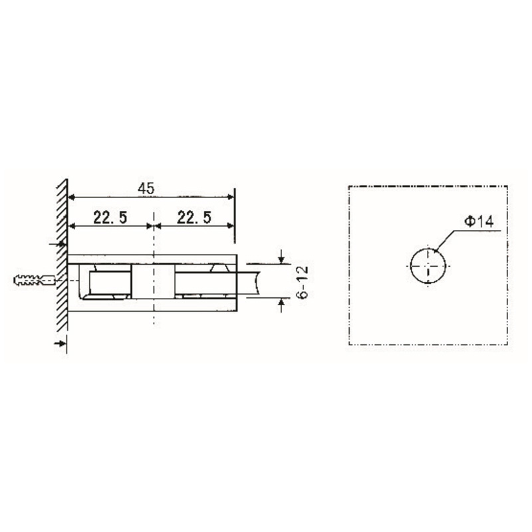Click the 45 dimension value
[146, 189]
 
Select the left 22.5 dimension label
[110, 217]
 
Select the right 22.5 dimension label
[194, 217]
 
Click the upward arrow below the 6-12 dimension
[283, 305]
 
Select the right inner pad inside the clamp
[199, 282]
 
